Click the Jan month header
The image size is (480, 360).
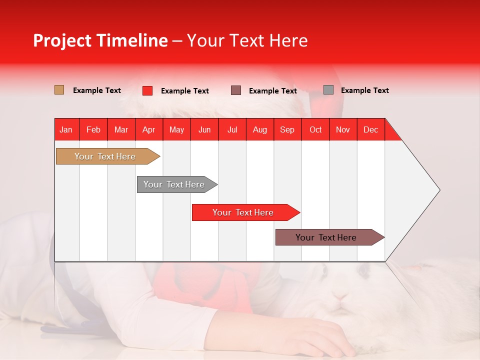click(66, 129)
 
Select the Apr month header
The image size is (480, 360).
click(148, 129)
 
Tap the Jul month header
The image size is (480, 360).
click(232, 129)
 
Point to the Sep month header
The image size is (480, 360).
click(287, 129)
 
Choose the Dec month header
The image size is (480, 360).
click(370, 129)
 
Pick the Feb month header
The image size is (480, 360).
click(93, 129)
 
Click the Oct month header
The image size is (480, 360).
click(315, 129)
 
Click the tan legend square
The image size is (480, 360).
click(59, 90)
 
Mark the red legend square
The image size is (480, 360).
click(147, 90)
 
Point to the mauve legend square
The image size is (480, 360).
click(236, 90)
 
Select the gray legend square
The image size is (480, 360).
click(328, 90)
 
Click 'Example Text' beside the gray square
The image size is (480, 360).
click(364, 90)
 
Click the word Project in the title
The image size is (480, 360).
click(61, 40)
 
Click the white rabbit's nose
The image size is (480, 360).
click(340, 297)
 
